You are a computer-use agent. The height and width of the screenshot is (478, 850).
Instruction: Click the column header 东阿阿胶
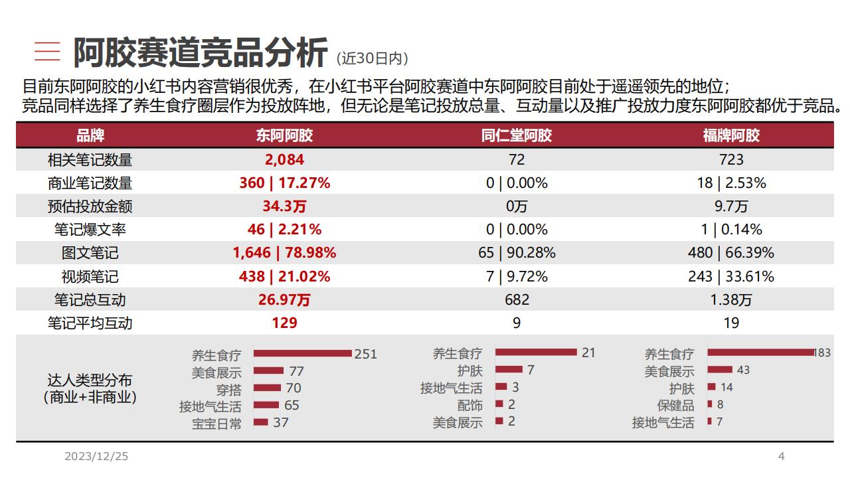click(x=284, y=135)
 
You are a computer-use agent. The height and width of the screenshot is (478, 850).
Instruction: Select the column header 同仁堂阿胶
click(x=516, y=135)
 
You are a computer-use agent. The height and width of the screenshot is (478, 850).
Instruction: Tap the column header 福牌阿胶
click(x=731, y=135)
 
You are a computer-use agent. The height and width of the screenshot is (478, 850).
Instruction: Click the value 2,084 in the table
click(x=284, y=159)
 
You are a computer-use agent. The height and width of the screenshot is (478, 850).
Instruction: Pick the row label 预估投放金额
click(x=90, y=206)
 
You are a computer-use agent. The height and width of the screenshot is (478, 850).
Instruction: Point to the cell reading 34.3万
click(x=284, y=206)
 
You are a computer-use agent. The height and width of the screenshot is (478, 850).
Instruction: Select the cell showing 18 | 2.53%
click(x=731, y=183)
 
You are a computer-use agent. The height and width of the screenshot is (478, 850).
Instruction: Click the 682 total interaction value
click(x=516, y=300)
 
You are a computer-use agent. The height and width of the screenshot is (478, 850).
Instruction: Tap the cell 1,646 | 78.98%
click(x=284, y=253)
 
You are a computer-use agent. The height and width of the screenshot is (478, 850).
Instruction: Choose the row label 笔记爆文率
click(x=90, y=230)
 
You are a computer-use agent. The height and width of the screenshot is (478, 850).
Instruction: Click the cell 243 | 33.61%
click(x=731, y=277)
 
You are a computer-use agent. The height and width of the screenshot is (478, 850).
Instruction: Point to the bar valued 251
click(x=302, y=354)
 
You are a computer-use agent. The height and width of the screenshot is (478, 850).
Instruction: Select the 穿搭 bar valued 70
click(x=267, y=388)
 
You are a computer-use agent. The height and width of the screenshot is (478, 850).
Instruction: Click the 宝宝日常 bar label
click(x=216, y=423)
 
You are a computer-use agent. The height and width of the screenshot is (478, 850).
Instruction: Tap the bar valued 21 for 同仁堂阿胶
click(x=536, y=353)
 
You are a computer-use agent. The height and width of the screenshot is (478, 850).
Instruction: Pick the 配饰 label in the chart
click(x=469, y=405)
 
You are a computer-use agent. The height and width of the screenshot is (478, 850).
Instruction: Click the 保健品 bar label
click(x=675, y=405)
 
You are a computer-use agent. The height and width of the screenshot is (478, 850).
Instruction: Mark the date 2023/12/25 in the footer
click(x=96, y=457)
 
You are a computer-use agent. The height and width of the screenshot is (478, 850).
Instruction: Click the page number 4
click(x=781, y=456)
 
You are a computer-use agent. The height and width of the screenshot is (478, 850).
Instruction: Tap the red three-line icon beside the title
click(x=47, y=52)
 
